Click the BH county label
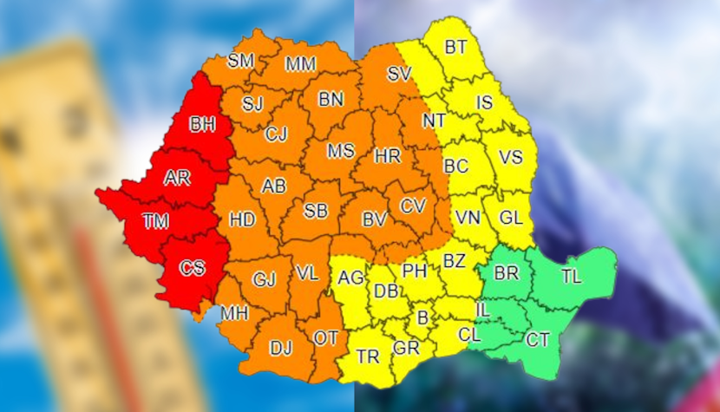(x=202, y=125)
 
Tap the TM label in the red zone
(x=156, y=222)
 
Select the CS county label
(x=192, y=268)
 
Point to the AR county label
(x=177, y=178)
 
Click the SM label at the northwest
(x=240, y=61)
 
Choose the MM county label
(x=300, y=63)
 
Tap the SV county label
(x=399, y=75)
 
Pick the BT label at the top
(x=455, y=47)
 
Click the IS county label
(x=484, y=103)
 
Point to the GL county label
(x=511, y=217)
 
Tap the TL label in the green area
(x=571, y=277)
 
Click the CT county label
(x=538, y=340)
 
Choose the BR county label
(x=506, y=273)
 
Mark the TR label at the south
(x=367, y=356)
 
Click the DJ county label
(x=280, y=348)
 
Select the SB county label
(x=316, y=211)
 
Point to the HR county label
(x=387, y=157)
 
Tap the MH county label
(x=232, y=312)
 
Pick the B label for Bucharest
(x=422, y=318)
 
